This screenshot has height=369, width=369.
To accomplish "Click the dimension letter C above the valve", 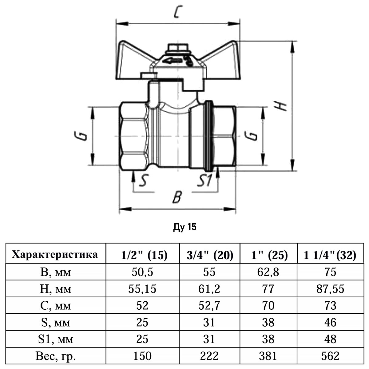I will (177, 13).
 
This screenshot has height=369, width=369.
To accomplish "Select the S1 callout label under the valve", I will (204, 181).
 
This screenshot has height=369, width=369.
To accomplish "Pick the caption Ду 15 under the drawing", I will (184, 227).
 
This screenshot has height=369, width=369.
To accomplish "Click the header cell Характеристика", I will (55, 255).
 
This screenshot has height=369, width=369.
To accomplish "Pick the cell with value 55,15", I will (142, 289).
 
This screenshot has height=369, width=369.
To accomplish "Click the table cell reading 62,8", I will (269, 272).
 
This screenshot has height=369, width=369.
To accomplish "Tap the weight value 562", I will (330, 356).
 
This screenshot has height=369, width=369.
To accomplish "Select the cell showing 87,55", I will (330, 289).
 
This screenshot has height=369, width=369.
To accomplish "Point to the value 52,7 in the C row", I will (209, 306).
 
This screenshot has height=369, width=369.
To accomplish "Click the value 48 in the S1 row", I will (330, 339).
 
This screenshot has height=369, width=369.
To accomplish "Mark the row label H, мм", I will (56, 289).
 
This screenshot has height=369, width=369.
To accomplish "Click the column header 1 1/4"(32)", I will (330, 255).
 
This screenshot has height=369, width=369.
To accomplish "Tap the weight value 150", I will (142, 356).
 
